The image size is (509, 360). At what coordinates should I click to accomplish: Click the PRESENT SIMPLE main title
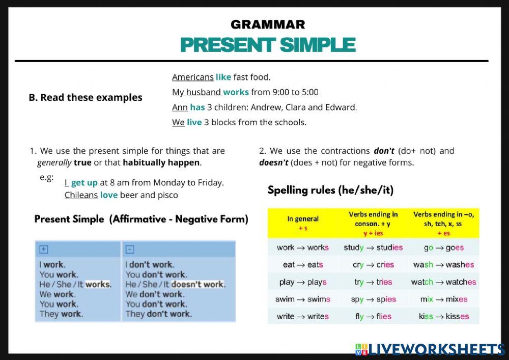coord(268,45)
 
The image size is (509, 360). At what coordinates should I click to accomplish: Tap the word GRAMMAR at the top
coord(268,24)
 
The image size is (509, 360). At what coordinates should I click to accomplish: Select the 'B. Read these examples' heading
coord(86,97)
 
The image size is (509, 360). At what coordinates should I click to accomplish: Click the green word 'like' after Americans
coord(223,77)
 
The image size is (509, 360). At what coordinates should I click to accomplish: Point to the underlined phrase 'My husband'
coord(196,92)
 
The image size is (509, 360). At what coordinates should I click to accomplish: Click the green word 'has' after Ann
coord(197,107)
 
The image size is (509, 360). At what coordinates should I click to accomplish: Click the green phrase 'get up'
coord(84,182)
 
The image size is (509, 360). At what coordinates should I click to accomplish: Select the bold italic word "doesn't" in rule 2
coord(274,163)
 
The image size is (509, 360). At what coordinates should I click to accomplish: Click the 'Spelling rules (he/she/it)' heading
coord(330,190)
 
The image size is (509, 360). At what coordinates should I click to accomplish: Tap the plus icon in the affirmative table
coord(44,249)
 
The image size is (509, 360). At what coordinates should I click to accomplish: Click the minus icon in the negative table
coord(130,249)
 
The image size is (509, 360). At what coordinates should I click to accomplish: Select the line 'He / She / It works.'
coord(75,284)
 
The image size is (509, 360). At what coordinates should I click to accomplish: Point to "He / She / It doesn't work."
coord(175,284)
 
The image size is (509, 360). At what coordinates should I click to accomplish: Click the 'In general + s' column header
coord(303,223)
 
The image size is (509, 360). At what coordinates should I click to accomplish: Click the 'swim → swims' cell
coord(303,299)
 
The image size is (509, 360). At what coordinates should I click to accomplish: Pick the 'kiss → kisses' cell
coord(443,316)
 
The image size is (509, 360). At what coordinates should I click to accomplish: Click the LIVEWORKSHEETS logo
coord(430,349)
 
